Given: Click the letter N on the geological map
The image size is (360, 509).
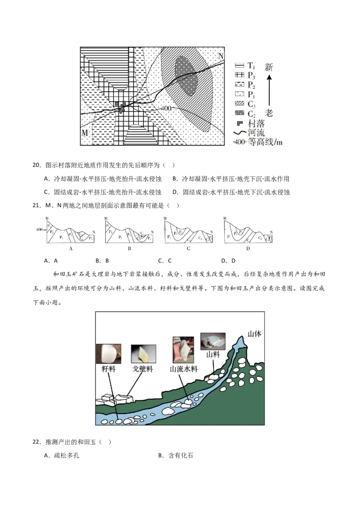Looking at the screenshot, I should (220, 56).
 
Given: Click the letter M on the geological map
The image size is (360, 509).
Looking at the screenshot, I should (85, 133).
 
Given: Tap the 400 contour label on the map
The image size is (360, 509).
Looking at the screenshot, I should (166, 109).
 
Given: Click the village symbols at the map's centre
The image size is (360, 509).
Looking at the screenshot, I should (121, 107).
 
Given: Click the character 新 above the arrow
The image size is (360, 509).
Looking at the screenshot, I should (269, 68).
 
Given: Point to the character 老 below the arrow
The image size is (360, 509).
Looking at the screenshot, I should (269, 112).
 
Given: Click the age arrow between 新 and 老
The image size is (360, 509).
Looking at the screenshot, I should (269, 90).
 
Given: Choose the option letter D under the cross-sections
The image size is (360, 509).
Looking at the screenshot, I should (248, 248).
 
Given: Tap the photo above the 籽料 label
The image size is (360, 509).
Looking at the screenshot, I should (108, 353).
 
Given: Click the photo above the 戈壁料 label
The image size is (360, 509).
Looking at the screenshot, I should (143, 353).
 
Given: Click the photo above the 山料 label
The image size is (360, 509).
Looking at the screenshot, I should (212, 342).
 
